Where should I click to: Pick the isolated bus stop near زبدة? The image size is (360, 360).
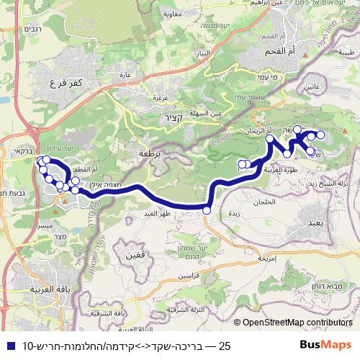tap(207, 210)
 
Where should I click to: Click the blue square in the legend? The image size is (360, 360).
tap(9, 346)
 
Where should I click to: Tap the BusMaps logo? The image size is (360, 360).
tap(330, 346)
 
